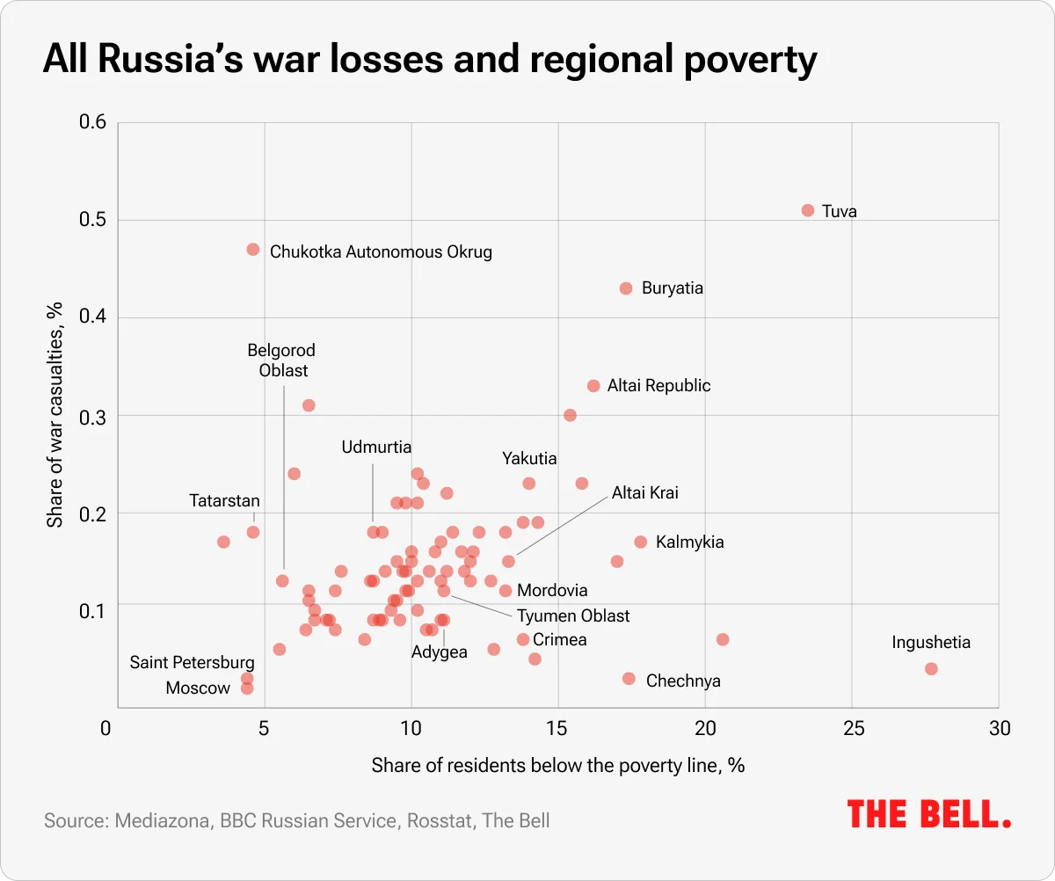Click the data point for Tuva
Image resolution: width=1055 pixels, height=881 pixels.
[x=808, y=210]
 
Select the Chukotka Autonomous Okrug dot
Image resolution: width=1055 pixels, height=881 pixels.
[x=253, y=250]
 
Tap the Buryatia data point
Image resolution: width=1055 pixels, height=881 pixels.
[x=626, y=288]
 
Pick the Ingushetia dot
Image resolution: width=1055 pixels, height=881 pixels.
[x=931, y=669]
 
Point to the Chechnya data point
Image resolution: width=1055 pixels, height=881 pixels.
[x=629, y=679]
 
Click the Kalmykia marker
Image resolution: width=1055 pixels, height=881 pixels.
[x=640, y=542]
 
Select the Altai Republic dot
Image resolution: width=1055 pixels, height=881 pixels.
[x=593, y=386]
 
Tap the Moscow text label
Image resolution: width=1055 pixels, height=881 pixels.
[x=198, y=688]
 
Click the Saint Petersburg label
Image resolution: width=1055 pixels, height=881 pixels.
[x=193, y=663]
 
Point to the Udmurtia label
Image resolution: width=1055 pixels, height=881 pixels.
[x=376, y=448]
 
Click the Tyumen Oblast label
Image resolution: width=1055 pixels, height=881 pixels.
[x=573, y=616]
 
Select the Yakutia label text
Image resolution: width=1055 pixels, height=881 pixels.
[x=529, y=459]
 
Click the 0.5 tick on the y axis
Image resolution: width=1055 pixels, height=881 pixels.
[x=94, y=220]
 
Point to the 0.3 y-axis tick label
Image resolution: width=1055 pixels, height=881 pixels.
[x=94, y=416]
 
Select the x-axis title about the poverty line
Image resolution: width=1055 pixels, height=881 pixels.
[x=558, y=765]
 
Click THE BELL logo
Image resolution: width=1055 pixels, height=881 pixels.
[x=929, y=813]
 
